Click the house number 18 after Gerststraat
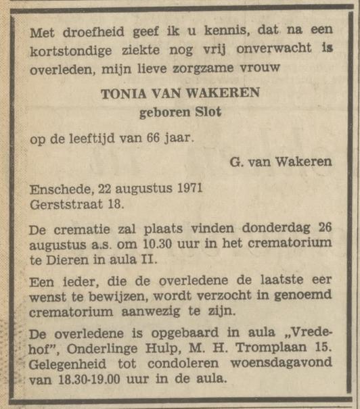[x=115, y=203]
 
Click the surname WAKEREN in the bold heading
[x=224, y=94]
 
